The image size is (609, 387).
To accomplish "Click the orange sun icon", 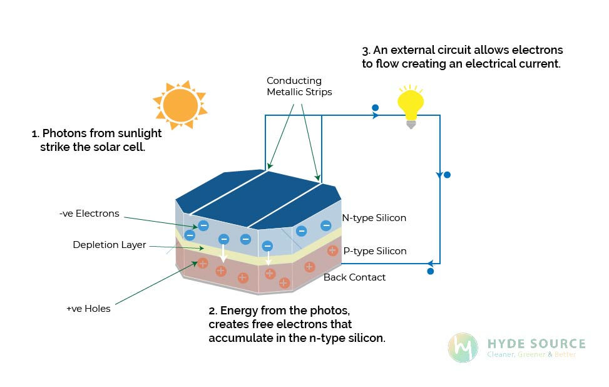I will click(180, 105).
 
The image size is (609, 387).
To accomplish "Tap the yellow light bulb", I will click(411, 105).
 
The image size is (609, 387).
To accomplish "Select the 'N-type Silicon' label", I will click(374, 218).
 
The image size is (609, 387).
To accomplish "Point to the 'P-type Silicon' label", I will click(375, 251).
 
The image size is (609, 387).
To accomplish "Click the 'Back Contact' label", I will click(354, 277).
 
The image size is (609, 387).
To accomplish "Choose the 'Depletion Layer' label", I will click(109, 245).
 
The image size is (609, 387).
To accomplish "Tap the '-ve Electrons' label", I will click(89, 214).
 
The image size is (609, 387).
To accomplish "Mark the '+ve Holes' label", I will click(88, 309).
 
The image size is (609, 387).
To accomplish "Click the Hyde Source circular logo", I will click(463, 348).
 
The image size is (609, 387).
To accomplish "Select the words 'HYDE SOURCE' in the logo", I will click(536, 343).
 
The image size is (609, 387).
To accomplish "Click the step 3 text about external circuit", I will click(462, 56).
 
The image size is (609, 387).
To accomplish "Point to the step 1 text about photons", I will click(96, 140).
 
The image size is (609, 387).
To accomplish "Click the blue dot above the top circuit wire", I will click(375, 108).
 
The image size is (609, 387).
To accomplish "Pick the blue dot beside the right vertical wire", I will click(447, 175).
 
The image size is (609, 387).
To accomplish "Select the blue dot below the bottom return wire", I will click(430, 271).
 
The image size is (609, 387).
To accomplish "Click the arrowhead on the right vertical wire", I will click(439, 174).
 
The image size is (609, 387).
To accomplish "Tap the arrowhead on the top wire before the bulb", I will click(376, 116).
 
